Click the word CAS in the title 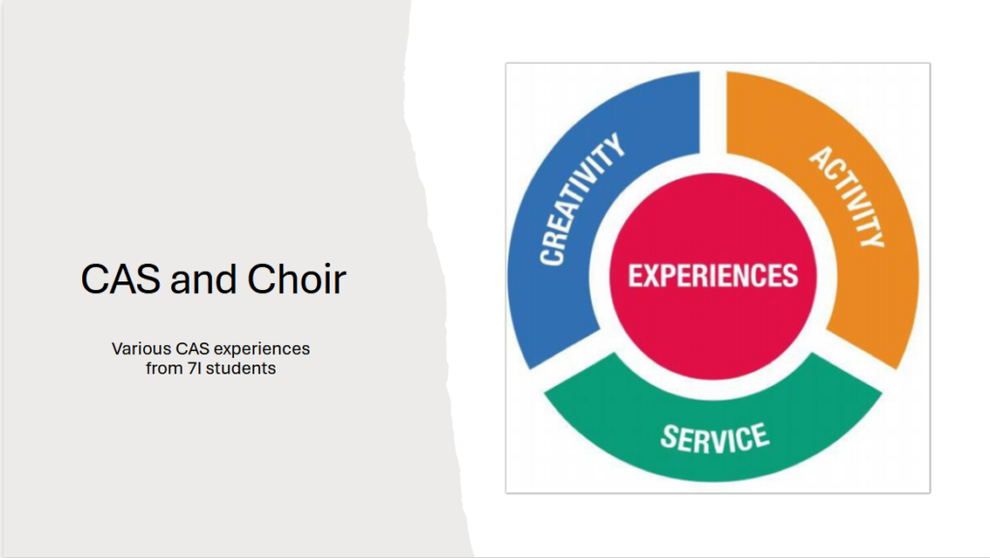120,279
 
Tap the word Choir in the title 297,279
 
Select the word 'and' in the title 203,279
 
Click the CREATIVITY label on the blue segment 581,199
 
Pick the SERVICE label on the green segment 714,437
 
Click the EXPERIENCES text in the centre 713,276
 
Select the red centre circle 713,276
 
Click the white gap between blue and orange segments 713,113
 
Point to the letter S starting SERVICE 669,435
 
